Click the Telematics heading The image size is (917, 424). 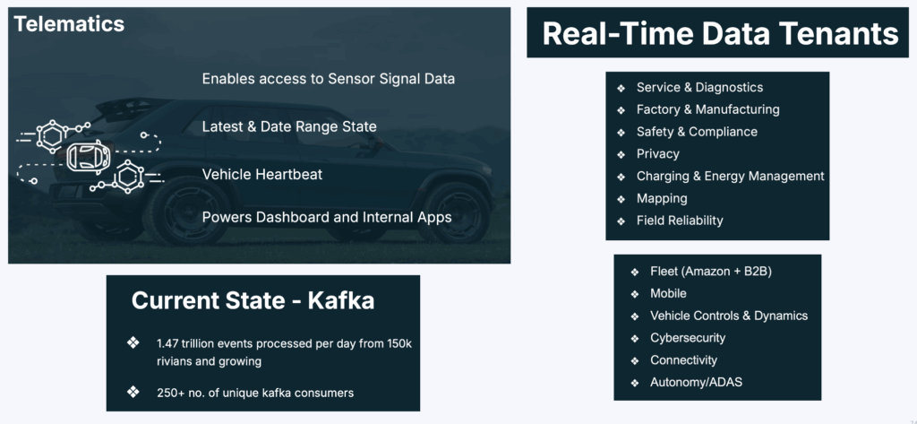[69, 24]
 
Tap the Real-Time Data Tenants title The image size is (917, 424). [720, 33]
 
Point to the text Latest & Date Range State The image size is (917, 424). [289, 126]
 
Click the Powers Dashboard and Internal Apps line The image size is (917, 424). [327, 217]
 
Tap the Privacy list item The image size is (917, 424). [657, 153]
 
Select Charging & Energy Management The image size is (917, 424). [730, 176]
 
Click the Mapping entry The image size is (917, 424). [662, 198]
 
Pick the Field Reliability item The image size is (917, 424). [680, 221]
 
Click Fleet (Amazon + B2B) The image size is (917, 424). [711, 271]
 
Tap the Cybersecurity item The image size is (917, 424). [688, 338]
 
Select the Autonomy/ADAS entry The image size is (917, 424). [696, 383]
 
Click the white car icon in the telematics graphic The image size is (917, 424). [89, 155]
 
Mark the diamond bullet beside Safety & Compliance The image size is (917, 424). [621, 132]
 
